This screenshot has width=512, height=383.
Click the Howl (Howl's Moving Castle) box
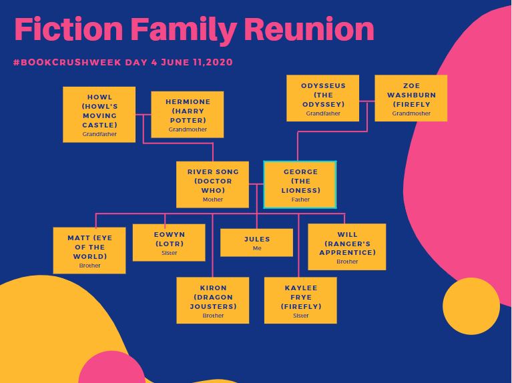pyautogui.click(x=99, y=114)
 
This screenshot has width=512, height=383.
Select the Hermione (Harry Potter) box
pyautogui.click(x=187, y=114)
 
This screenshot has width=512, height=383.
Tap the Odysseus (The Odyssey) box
pyautogui.click(x=322, y=98)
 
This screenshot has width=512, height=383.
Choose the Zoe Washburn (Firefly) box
pyautogui.click(x=411, y=98)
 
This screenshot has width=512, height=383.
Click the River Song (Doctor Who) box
pyautogui.click(x=212, y=184)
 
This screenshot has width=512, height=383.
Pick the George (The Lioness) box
pyautogui.click(x=300, y=184)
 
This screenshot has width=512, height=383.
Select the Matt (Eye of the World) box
pyautogui.click(x=89, y=250)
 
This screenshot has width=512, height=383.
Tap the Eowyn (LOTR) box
pyautogui.click(x=168, y=242)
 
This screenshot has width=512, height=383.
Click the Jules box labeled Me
pyautogui.click(x=257, y=242)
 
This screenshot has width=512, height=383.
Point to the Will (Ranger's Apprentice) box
pyautogui.click(x=346, y=246)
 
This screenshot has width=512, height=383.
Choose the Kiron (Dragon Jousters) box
pyautogui.click(x=212, y=300)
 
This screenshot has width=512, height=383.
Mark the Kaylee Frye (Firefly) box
pyautogui.click(x=300, y=300)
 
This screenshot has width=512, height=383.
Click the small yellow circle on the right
pyautogui.click(x=471, y=306)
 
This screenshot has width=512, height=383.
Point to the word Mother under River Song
pyautogui.click(x=212, y=200)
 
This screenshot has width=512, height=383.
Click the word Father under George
pyautogui.click(x=300, y=200)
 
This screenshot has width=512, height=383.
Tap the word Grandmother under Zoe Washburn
pyautogui.click(x=411, y=113)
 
